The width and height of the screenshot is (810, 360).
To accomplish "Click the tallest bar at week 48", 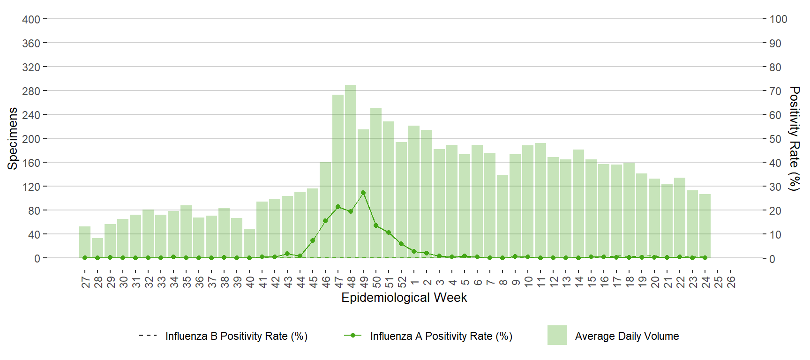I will pos(351,172).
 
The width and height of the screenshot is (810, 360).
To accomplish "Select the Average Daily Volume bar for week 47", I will pos(338,176).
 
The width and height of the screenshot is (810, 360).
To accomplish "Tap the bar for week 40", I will pos(249,243).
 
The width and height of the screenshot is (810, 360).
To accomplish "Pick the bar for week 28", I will pos(97,248).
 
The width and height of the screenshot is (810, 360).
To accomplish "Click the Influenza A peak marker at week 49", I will pos(363,193).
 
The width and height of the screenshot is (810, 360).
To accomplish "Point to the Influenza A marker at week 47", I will pos(338,207).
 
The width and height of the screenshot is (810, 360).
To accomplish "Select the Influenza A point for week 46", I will pos(325,221).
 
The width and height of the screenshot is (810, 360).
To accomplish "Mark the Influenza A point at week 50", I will pos(376,225).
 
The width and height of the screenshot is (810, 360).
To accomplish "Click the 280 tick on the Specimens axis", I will pos(31,91).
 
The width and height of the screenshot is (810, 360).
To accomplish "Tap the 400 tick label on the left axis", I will pos(31,19).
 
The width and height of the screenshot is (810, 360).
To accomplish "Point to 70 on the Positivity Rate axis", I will pos(775,91).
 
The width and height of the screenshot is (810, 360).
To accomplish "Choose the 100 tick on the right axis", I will pos(778,19).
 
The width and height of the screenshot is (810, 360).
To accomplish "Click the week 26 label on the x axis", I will pos(731,282).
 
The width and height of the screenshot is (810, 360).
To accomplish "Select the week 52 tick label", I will pos(402,282).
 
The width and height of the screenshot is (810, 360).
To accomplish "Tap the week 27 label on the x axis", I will pos(85,282).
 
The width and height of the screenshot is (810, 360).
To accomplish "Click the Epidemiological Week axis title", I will pos(404,298).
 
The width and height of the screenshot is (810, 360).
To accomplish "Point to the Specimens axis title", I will pos(13,138).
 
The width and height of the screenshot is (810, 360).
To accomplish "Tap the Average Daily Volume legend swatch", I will pos(557,335).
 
